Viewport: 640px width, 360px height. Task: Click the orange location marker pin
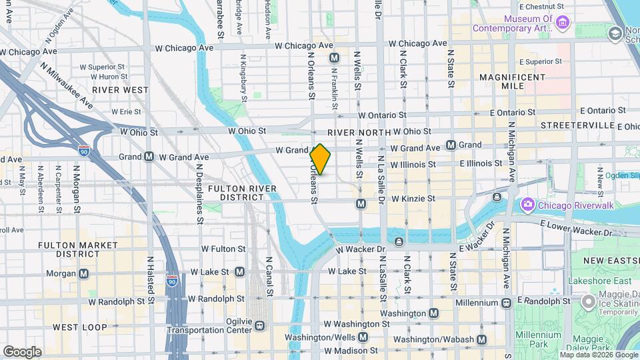coord(321,159)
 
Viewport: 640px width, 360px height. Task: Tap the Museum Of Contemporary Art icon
coord(563,23)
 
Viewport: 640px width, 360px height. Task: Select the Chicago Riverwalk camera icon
coord(528,203)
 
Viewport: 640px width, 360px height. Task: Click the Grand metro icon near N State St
coord(451,145)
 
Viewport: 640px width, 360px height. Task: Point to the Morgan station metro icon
coord(84,273)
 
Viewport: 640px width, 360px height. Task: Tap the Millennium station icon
coord(506,303)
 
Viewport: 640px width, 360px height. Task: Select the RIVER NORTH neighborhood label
coord(357,132)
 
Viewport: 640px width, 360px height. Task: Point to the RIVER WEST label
coord(120,89)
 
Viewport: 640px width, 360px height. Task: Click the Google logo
coord(22,351)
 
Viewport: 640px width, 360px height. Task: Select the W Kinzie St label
coord(413,199)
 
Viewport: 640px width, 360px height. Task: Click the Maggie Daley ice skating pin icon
coord(588,302)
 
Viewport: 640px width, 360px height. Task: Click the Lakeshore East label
coord(599,281)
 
